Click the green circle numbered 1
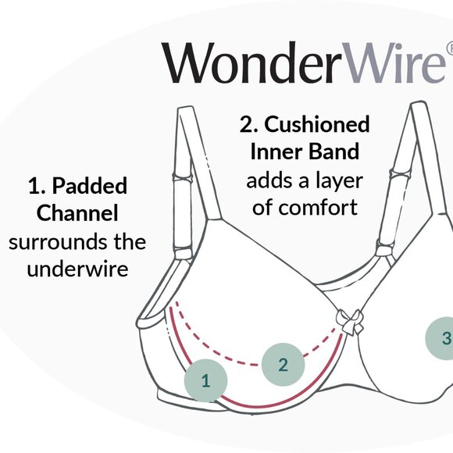206,381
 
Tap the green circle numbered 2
283,363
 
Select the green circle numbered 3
443,338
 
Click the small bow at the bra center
348,319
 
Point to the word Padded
92,187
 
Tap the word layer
337,180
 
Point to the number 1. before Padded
36,187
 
